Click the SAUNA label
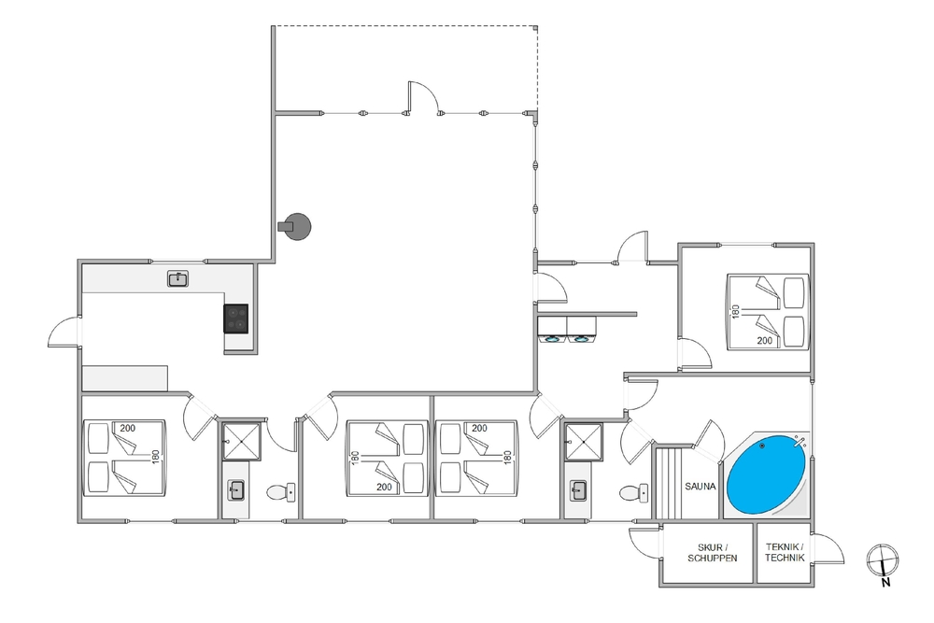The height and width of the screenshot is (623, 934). pyautogui.click(x=700, y=486)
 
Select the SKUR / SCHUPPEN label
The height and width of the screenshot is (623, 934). pyautogui.click(x=713, y=553)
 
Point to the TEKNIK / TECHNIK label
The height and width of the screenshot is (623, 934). pyautogui.click(x=785, y=552)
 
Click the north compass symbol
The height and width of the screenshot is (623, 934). pyautogui.click(x=883, y=561)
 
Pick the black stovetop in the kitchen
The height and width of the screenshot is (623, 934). pyautogui.click(x=236, y=319)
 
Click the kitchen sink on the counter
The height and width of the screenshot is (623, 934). pyautogui.click(x=177, y=278)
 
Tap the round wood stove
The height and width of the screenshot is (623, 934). pyautogui.click(x=295, y=226)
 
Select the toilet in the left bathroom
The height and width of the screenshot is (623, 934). pyautogui.click(x=280, y=492)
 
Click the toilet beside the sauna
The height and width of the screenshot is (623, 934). pyautogui.click(x=634, y=493)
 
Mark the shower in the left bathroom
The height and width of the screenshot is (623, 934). pyautogui.click(x=241, y=442)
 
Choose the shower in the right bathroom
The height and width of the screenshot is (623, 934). pyautogui.click(x=584, y=442)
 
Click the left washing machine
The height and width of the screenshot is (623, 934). pyautogui.click(x=552, y=330)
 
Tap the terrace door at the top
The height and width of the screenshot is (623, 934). pyautogui.click(x=423, y=98)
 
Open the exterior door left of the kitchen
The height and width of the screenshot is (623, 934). pyautogui.click(x=64, y=332)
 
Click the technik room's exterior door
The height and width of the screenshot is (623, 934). pyautogui.click(x=828, y=548)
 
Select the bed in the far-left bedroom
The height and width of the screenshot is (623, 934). pyautogui.click(x=124, y=458)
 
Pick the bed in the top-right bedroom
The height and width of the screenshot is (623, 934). pyautogui.click(x=768, y=311)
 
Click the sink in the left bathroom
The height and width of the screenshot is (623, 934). pyautogui.click(x=236, y=491)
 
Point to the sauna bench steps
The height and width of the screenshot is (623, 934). pyautogui.click(x=669, y=484)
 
